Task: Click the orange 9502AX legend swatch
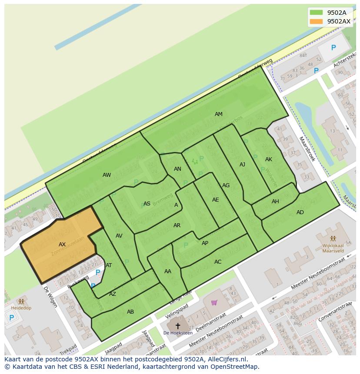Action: pyautogui.click(x=317, y=21)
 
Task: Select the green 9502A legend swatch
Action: pyautogui.click(x=317, y=13)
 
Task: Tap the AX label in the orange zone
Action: pyautogui.click(x=62, y=245)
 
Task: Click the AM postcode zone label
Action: pyautogui.click(x=219, y=114)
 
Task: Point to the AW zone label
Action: pyautogui.click(x=107, y=175)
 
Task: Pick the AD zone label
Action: pyautogui.click(x=300, y=212)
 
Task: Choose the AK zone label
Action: pyautogui.click(x=269, y=159)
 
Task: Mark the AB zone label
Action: pyautogui.click(x=130, y=312)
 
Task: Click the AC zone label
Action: pyautogui.click(x=218, y=262)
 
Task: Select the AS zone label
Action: pyautogui.click(x=147, y=204)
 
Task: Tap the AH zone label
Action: pyautogui.click(x=275, y=202)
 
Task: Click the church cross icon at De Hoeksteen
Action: pyautogui.click(x=177, y=325)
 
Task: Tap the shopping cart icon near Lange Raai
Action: pyautogui.click(x=214, y=303)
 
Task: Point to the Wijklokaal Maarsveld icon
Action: pyautogui.click(x=333, y=238)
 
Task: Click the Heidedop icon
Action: pyautogui.click(x=21, y=301)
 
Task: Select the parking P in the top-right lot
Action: pyautogui.click(x=333, y=48)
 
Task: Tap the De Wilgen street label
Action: pyautogui.click(x=50, y=297)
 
